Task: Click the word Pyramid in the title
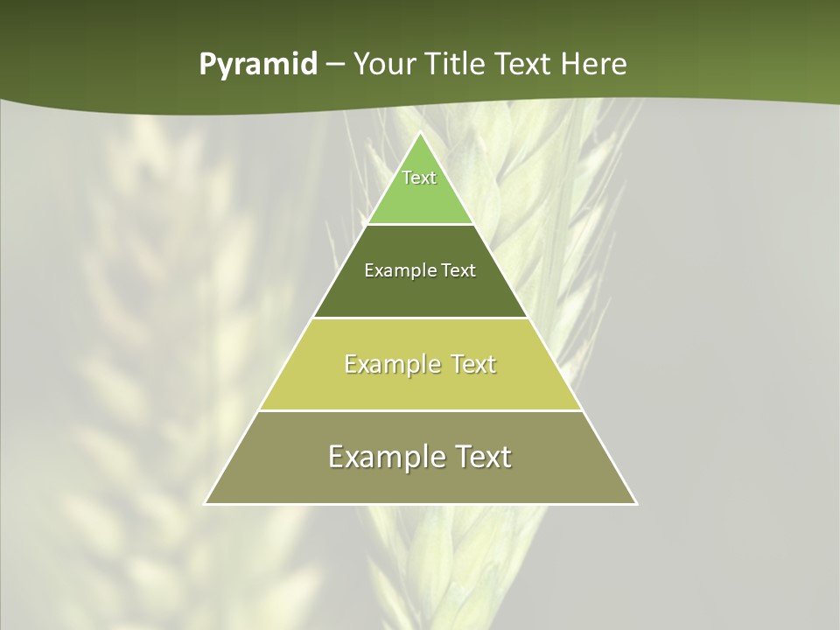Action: pos(258,65)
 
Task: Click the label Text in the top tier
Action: pos(419,178)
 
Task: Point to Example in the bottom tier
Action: pos(387,457)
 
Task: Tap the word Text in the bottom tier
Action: pos(480,457)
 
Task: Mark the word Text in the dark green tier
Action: pos(458,271)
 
